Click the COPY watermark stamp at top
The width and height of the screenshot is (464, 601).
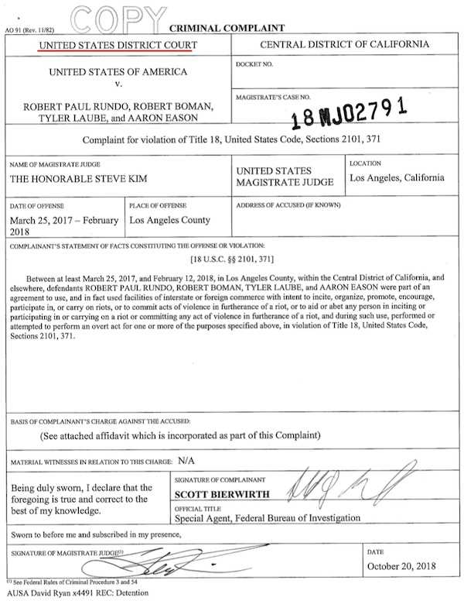pos(120,15)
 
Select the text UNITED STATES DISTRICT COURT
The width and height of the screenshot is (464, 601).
pos(118,46)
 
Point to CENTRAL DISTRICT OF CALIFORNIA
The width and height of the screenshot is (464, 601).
pos(345,46)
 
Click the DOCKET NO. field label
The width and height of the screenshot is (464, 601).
pos(254,64)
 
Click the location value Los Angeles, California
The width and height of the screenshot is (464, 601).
pos(397,177)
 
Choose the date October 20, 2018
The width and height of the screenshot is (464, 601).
pos(401,566)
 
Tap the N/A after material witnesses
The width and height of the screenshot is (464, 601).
pos(186,460)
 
